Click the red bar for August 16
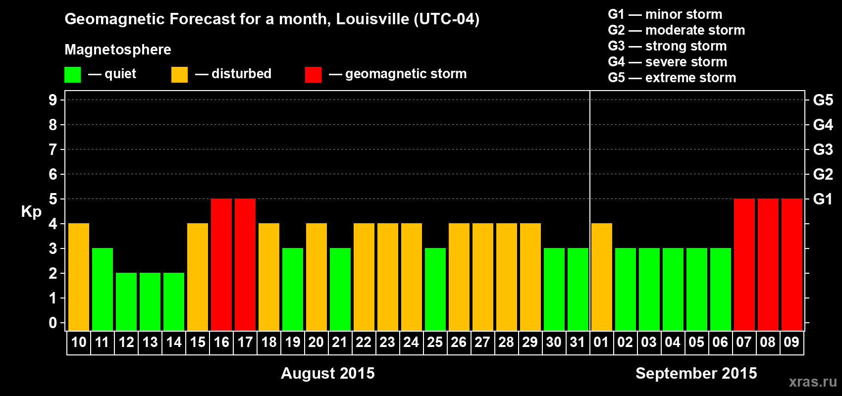click(x=221, y=264)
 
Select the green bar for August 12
click(x=126, y=301)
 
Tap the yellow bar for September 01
click(x=602, y=277)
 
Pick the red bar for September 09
click(x=792, y=264)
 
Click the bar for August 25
click(x=435, y=289)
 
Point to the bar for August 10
click(x=79, y=277)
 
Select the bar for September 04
click(x=673, y=289)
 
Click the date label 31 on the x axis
click(x=578, y=342)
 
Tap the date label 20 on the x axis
click(x=316, y=342)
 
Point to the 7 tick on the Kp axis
click(x=53, y=149)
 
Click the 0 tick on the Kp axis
click(x=53, y=323)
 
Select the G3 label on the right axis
click(x=823, y=149)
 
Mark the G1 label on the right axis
click(x=823, y=199)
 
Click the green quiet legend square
click(x=73, y=75)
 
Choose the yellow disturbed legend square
click(x=179, y=75)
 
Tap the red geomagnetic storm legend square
click(x=313, y=75)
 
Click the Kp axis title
click(x=31, y=212)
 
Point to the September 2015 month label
click(x=696, y=373)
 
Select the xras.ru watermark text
click(x=813, y=382)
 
